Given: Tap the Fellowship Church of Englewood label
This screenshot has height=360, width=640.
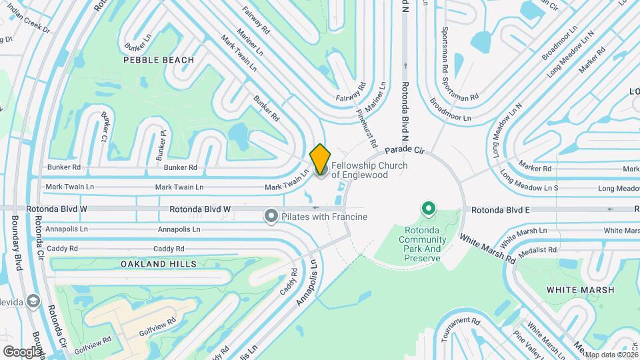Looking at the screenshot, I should click(369, 170).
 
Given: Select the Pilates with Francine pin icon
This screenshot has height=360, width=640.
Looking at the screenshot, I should click(271, 216).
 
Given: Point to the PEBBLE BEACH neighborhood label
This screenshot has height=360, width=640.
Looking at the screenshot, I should click(159, 60).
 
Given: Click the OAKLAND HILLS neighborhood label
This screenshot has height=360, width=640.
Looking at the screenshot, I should click(159, 264).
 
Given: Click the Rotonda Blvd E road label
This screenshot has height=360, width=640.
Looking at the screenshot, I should click(500, 210).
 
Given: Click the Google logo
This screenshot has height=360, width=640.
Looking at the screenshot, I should click(21, 351).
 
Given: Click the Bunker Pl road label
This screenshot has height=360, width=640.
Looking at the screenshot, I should click(161, 145).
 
